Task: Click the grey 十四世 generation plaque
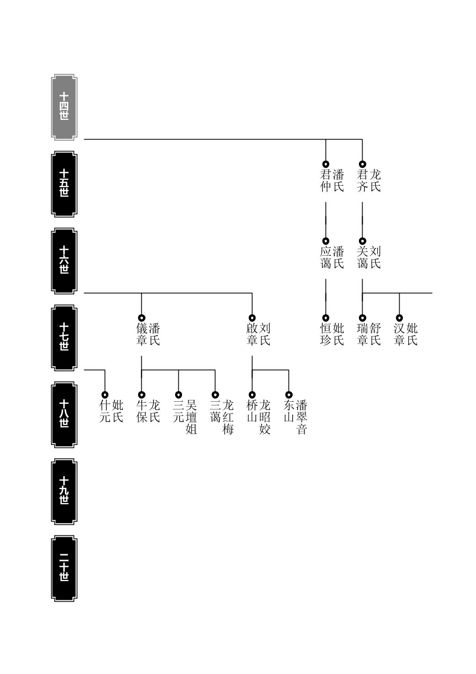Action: point(64,107)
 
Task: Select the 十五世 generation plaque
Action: point(64,184)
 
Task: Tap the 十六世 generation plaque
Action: point(64,261)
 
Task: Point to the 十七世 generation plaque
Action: point(64,338)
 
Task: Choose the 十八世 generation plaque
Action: point(64,415)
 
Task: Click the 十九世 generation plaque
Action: point(64,491)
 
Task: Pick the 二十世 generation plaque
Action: point(64,568)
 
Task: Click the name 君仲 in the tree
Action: point(326,181)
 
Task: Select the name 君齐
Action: point(362,181)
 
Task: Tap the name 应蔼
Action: point(326,258)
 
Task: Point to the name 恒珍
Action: point(326,334)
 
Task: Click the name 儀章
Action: point(142,334)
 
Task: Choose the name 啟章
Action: point(252,334)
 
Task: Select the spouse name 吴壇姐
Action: point(191,417)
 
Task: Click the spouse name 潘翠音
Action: point(302,417)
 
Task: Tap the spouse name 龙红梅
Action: point(228,417)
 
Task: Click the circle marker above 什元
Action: point(105,394)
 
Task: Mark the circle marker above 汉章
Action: point(399,318)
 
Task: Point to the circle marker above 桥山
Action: point(252,394)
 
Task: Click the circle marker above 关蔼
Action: point(362,241)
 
